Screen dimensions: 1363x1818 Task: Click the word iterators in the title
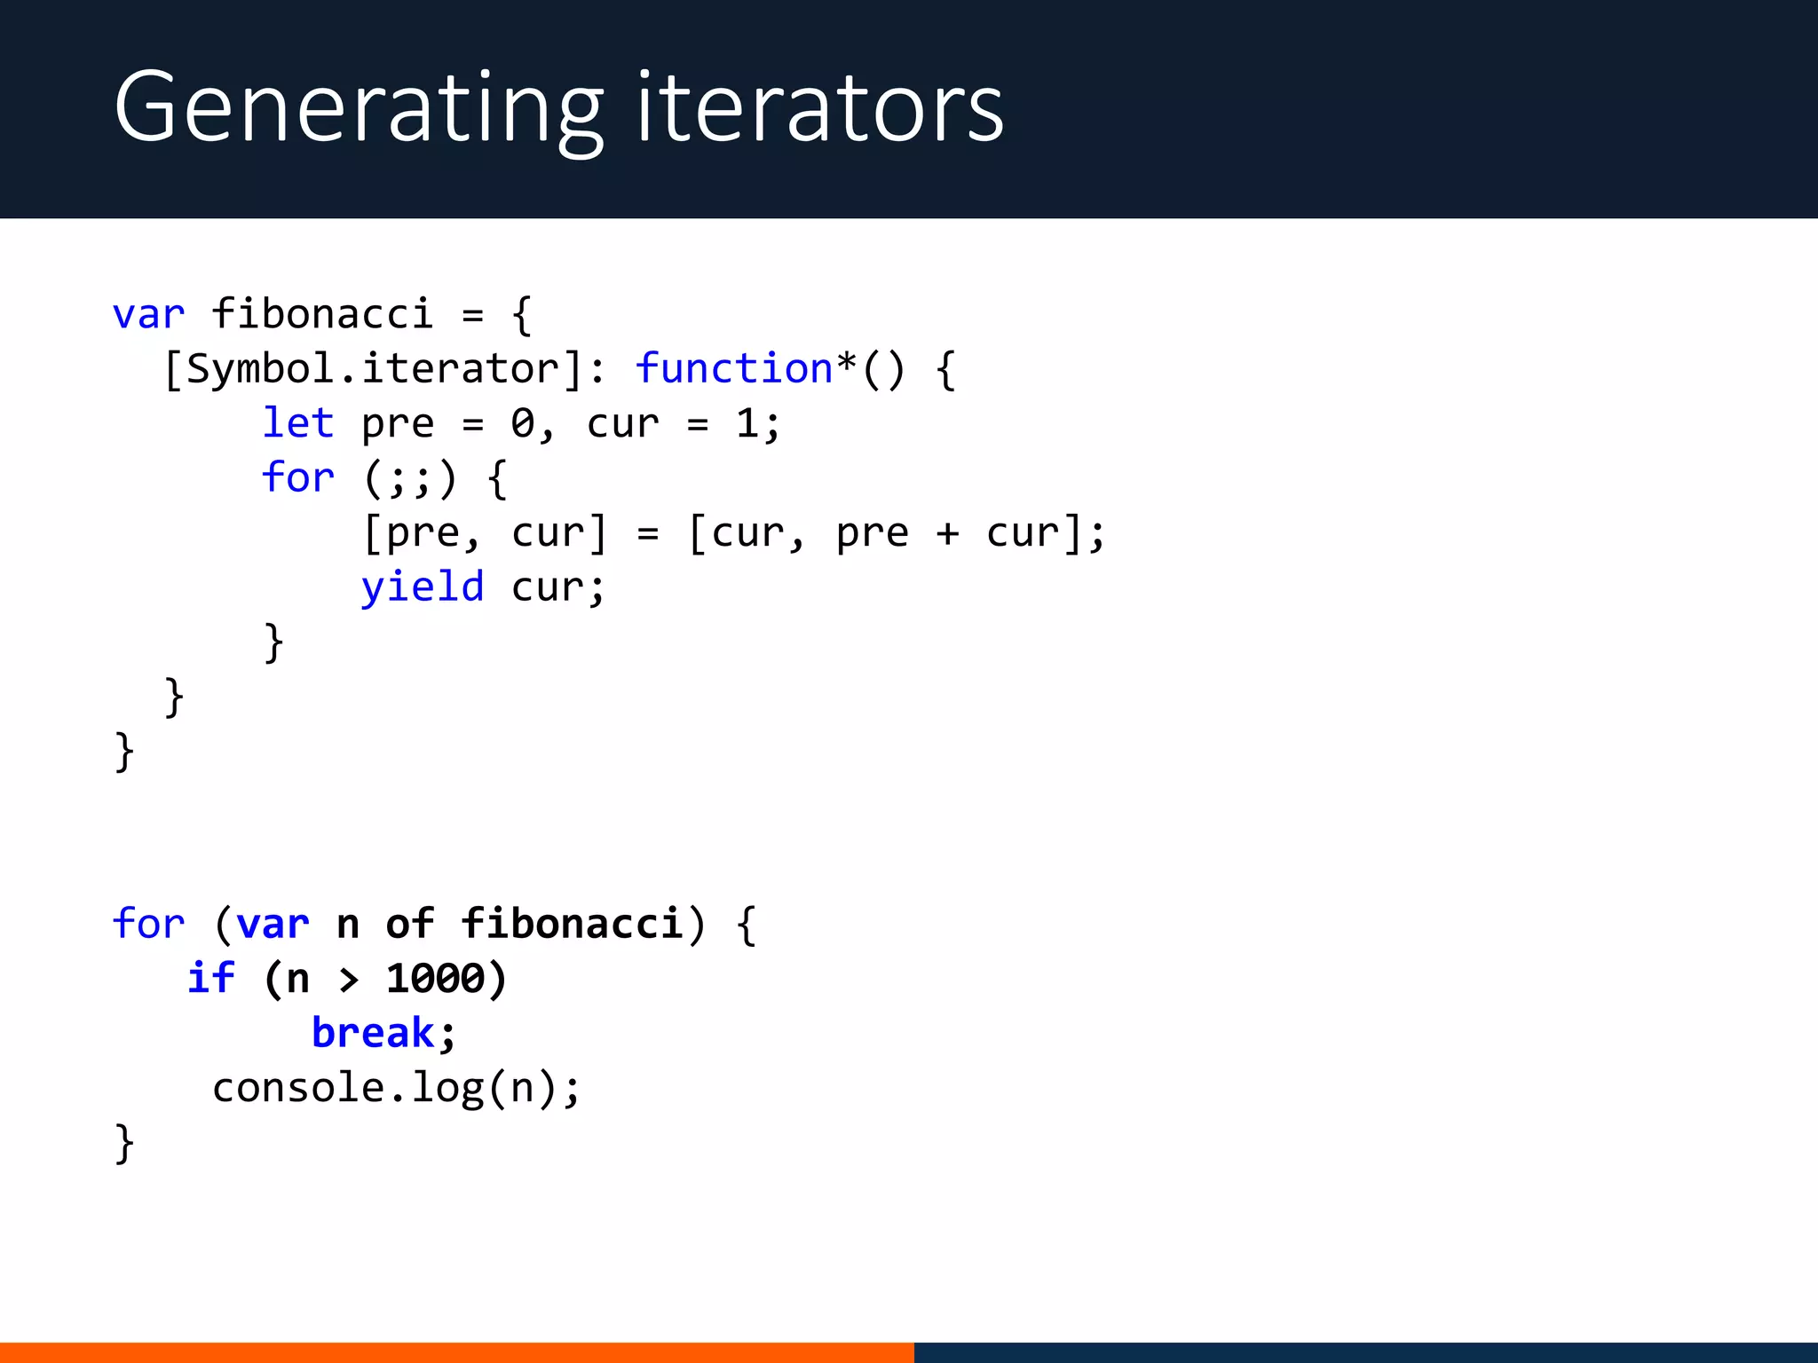pos(819,108)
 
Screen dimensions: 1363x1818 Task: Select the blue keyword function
pos(733,368)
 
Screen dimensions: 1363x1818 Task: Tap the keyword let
pos(297,423)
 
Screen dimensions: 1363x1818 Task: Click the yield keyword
pos(422,587)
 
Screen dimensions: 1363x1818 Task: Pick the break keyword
pos(373,1033)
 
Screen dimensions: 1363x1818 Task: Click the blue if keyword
pos(211,978)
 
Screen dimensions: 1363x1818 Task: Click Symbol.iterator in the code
pos(373,368)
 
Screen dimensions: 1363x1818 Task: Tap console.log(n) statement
pos(395,1088)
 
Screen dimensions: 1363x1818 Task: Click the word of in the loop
pos(409,924)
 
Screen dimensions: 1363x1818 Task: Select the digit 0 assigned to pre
pos(522,424)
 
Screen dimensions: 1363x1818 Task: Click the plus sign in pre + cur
pos(947,533)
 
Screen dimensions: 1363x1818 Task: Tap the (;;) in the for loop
pos(410,479)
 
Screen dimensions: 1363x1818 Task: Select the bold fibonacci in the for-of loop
pos(572,924)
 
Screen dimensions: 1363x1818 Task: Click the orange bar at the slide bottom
pos(456,1352)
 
